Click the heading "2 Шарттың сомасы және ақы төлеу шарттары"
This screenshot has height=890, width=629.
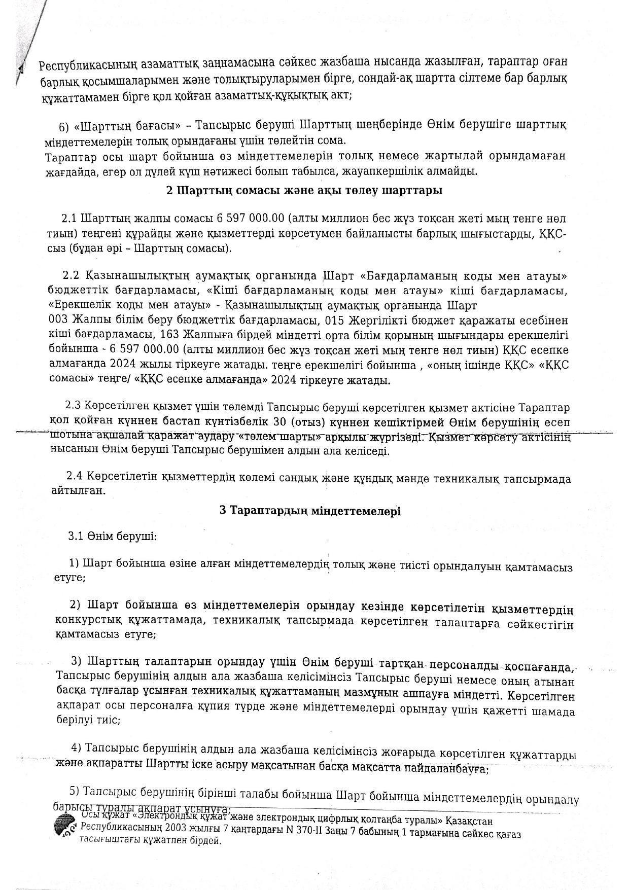point(304,191)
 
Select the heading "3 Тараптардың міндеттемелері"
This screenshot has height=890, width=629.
point(310,511)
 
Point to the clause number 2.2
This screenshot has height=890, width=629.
point(72,276)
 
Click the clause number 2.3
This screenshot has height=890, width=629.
point(73,407)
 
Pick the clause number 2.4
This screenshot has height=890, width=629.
point(74,478)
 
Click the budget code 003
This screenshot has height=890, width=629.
point(58,321)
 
